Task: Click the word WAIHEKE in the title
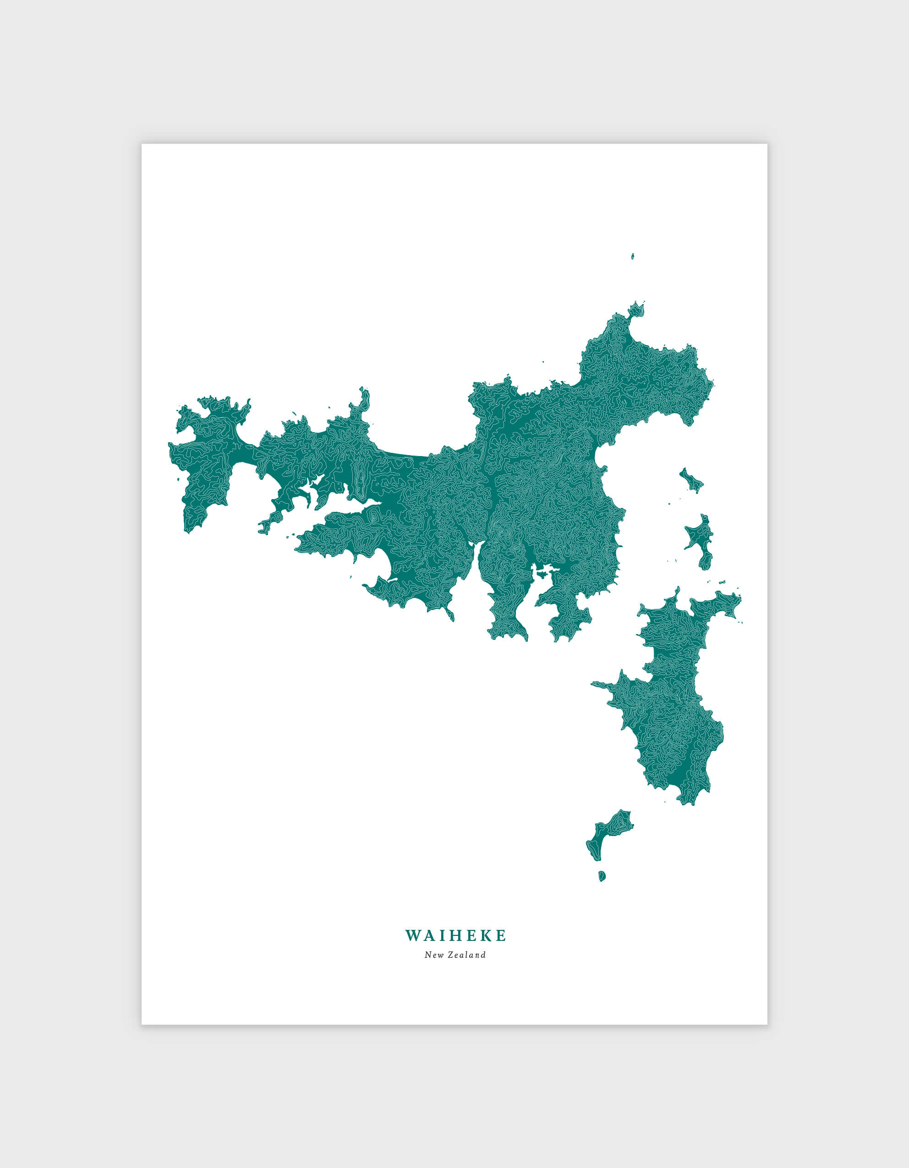point(455,936)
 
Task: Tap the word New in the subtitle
point(433,955)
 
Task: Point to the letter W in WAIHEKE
point(413,936)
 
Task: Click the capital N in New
point(427,955)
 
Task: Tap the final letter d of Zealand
point(483,955)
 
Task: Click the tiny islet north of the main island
point(632,257)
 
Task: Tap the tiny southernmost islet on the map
point(602,876)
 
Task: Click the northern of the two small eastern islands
point(691,481)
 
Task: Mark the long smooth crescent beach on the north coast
point(406,455)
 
